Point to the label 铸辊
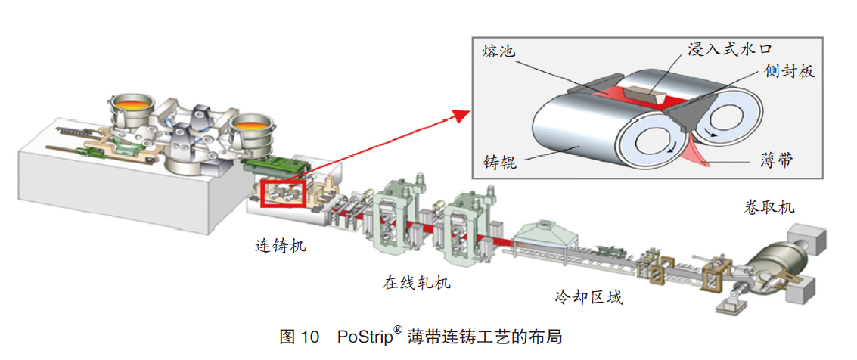coord(499,161)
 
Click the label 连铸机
coord(281,246)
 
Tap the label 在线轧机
coord(416,284)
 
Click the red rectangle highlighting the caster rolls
coord(281,194)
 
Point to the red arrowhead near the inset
coord(458,116)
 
